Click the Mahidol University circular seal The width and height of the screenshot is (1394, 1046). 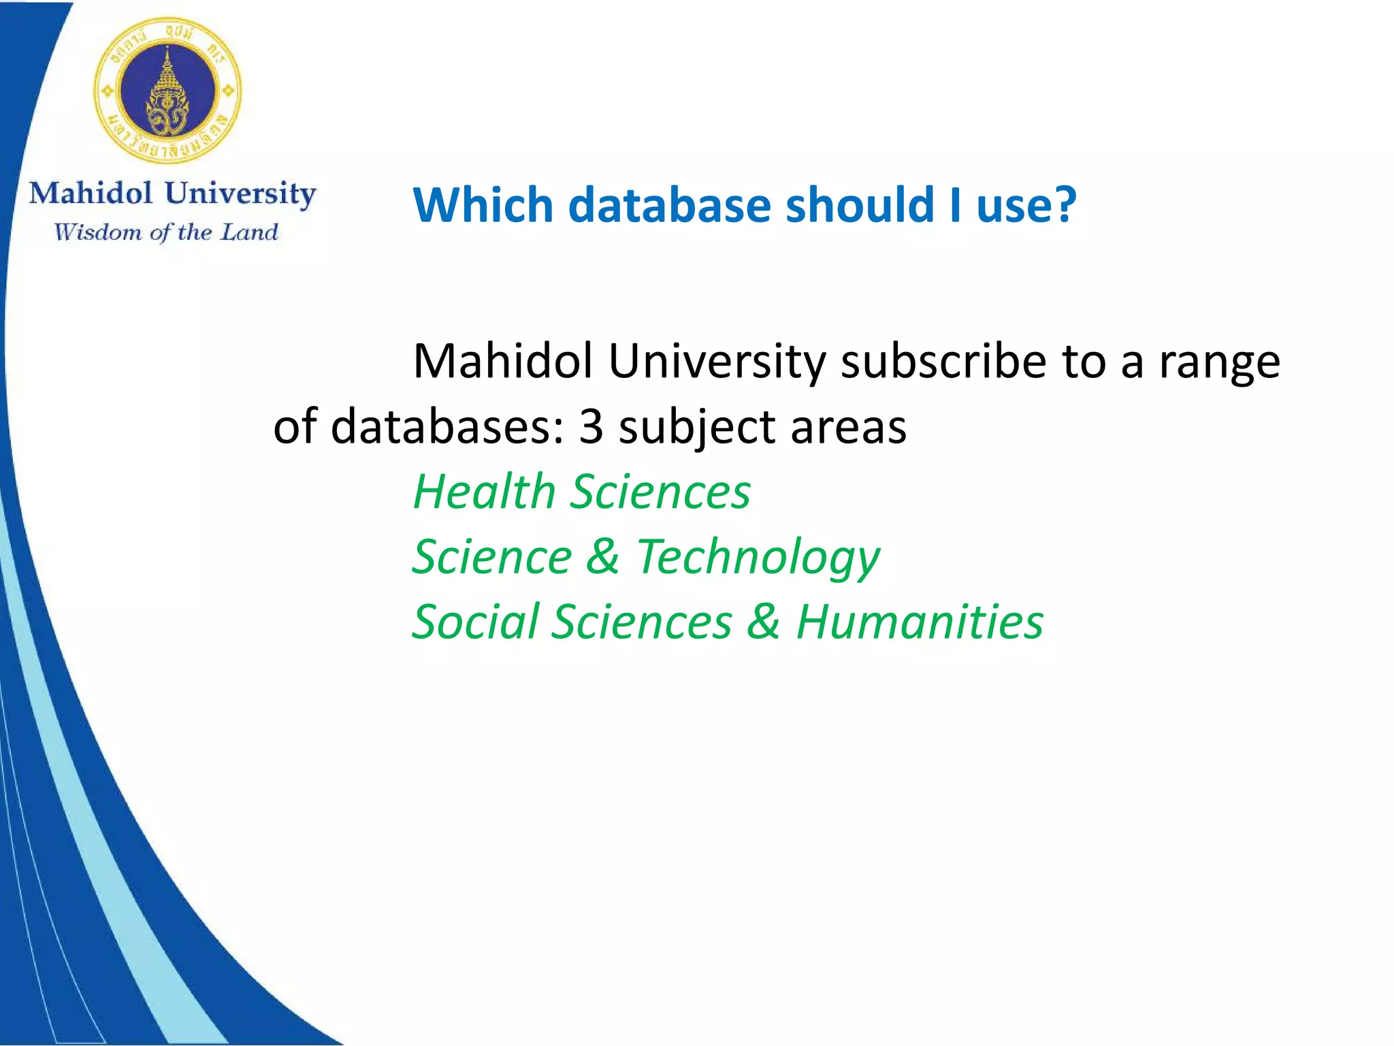click(167, 90)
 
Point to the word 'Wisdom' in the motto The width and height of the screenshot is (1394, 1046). click(98, 232)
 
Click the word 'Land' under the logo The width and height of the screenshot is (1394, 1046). click(250, 232)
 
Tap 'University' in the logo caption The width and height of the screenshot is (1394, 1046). click(240, 194)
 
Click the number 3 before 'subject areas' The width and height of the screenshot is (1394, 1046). click(591, 427)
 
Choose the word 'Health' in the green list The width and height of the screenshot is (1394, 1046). click(484, 491)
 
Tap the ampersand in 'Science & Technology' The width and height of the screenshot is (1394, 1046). click(603, 556)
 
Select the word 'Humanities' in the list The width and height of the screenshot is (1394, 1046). click(920, 622)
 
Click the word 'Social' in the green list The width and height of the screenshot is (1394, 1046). click(475, 622)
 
